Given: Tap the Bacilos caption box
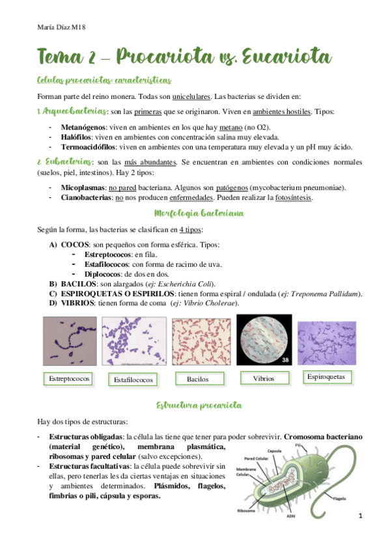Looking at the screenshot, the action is (x=197, y=378).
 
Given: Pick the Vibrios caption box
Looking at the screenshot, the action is (x=262, y=378).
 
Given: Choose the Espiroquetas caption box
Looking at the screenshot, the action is (x=328, y=377).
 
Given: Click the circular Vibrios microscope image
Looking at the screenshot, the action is (x=263, y=340).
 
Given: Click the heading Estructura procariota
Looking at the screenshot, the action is (x=195, y=406).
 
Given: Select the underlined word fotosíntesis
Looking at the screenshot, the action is (x=292, y=197).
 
